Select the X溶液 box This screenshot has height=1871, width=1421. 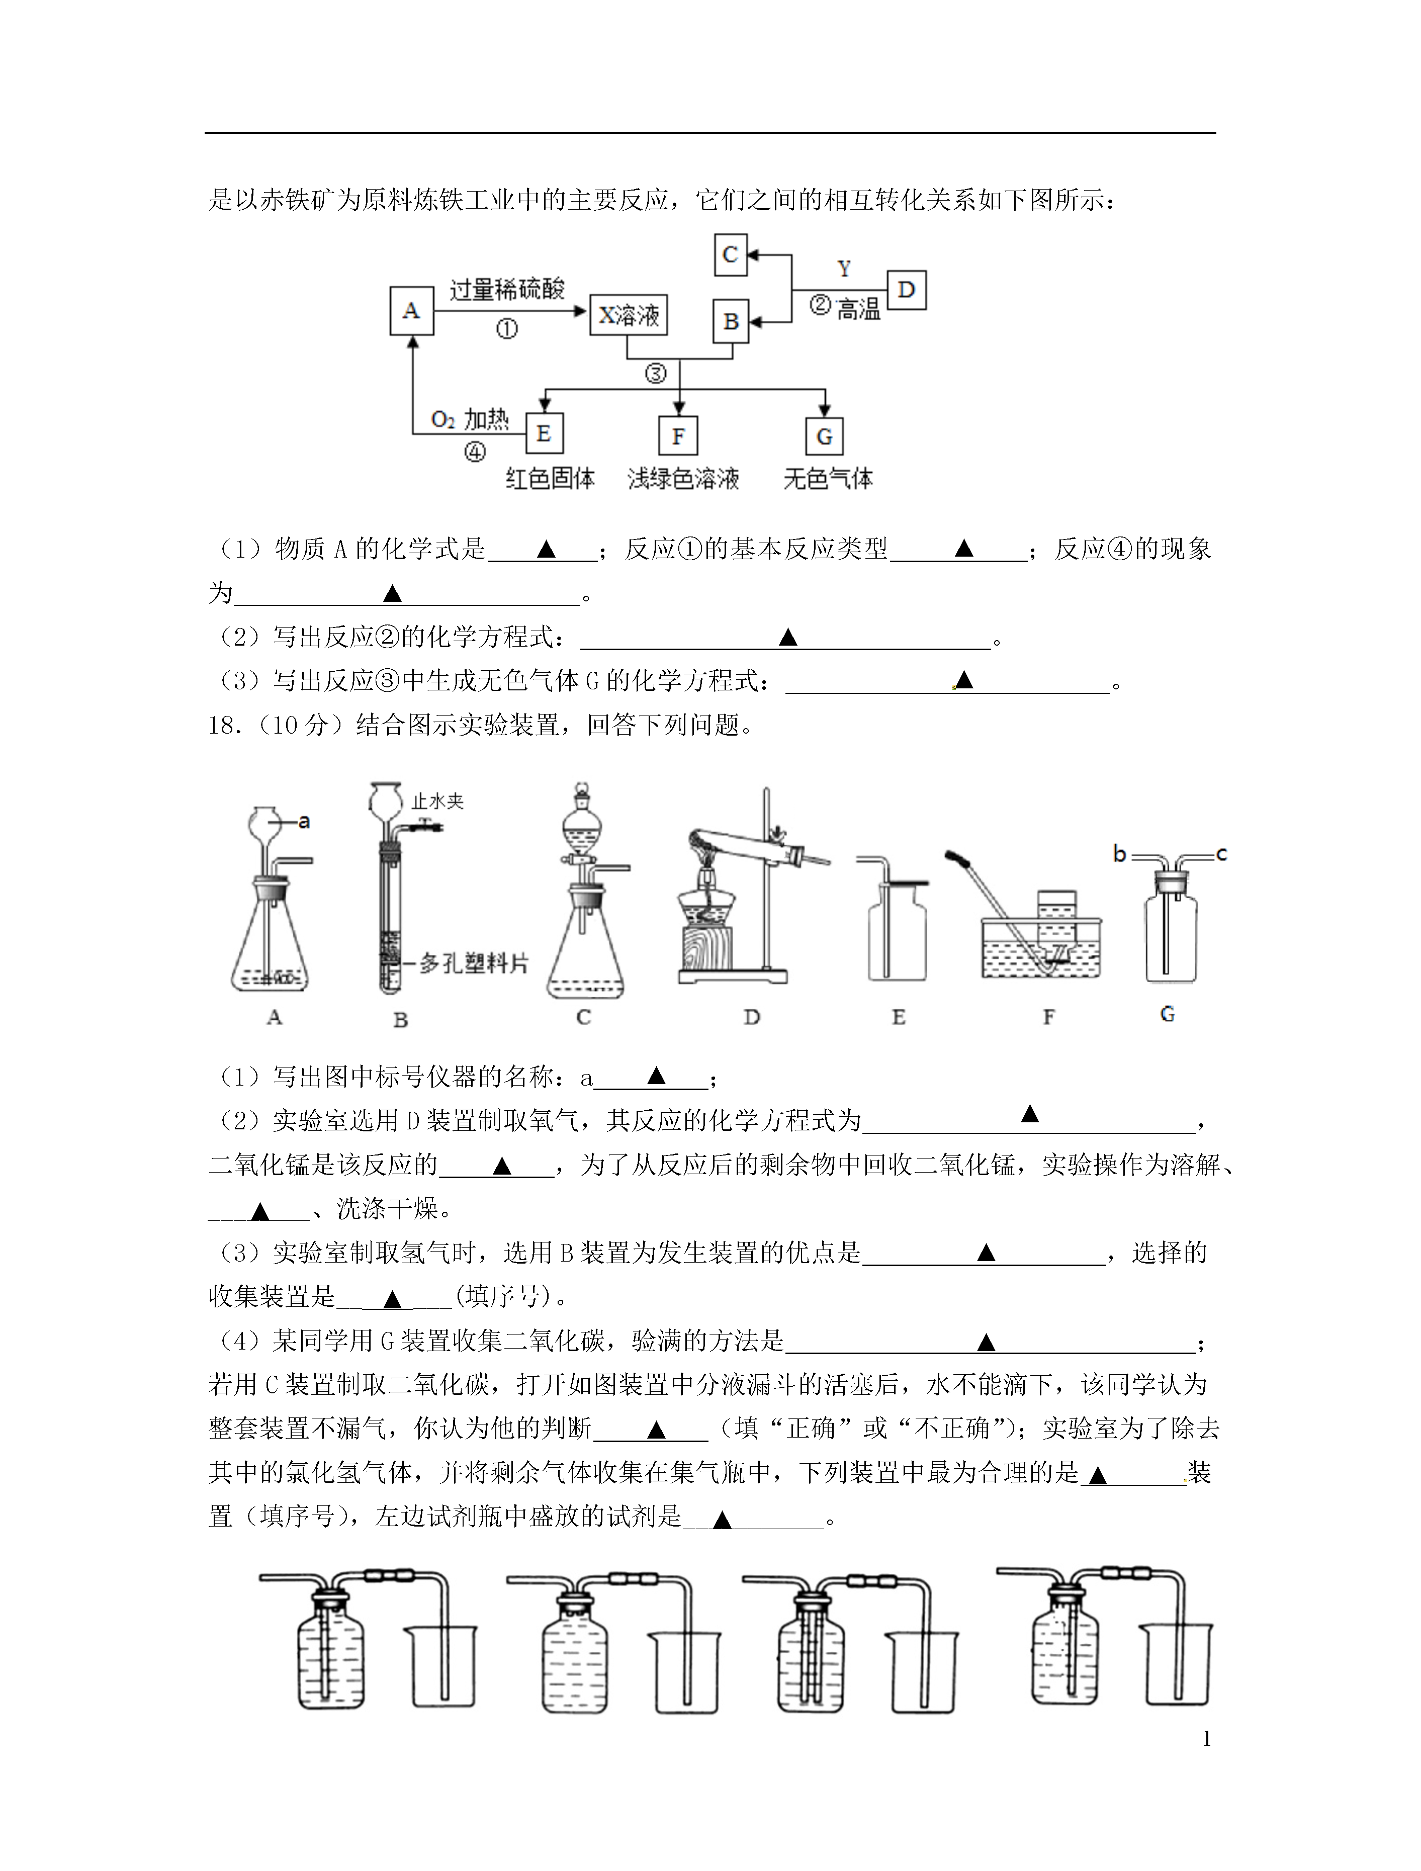click(629, 315)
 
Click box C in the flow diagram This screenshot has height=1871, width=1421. click(731, 254)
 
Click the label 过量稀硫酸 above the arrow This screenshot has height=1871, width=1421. click(507, 289)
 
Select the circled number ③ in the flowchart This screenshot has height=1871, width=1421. click(656, 373)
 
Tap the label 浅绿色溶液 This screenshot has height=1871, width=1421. click(683, 479)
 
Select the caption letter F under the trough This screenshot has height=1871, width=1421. click(1049, 1017)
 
